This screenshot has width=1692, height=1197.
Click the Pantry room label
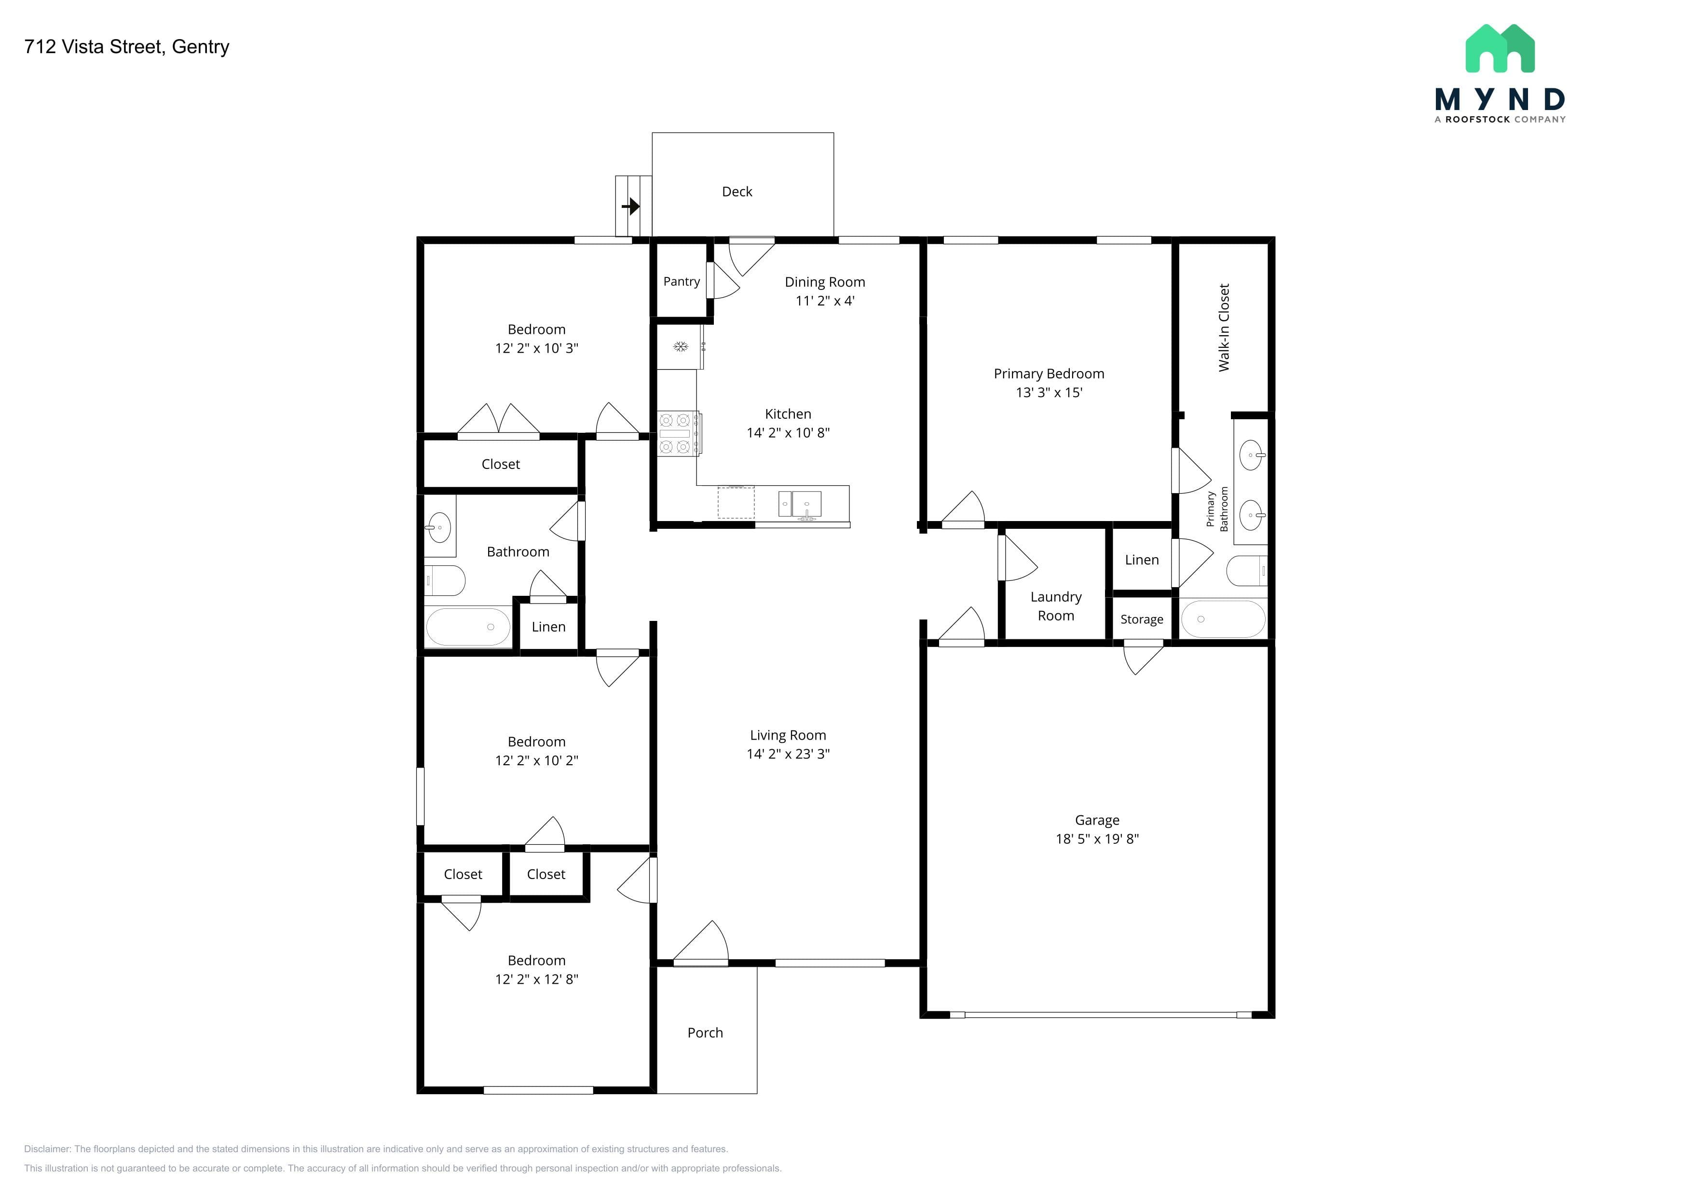(x=682, y=282)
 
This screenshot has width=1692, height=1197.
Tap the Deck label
(x=737, y=192)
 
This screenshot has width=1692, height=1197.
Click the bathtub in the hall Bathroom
(x=468, y=627)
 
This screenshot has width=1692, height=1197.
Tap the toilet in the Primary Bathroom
(x=1247, y=570)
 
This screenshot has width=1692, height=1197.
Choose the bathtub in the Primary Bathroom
(x=1223, y=619)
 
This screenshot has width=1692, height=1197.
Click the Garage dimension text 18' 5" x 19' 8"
(x=1097, y=839)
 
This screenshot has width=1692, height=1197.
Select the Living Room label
(x=788, y=736)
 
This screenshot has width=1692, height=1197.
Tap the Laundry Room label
(x=1056, y=606)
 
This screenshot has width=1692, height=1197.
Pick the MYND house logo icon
(x=1500, y=49)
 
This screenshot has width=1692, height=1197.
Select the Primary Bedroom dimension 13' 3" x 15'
(x=1049, y=393)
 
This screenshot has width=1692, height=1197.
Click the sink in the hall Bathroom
(x=439, y=527)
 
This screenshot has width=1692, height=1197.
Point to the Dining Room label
(x=825, y=282)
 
